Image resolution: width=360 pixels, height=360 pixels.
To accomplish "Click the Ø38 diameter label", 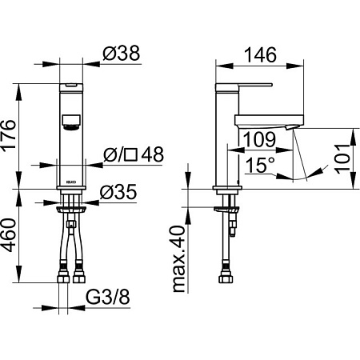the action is [121, 53].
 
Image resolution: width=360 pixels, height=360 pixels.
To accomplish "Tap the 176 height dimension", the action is [8, 136].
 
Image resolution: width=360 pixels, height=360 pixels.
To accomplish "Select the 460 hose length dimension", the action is [8, 235].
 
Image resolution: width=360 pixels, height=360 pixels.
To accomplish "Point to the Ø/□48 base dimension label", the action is [134, 154].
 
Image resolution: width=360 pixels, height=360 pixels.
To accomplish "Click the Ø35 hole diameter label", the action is [118, 192].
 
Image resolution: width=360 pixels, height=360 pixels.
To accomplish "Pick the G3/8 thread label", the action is [108, 297].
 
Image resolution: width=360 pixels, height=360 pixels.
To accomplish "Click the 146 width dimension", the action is [260, 55].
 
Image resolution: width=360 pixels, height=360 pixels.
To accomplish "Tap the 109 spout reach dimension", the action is [259, 139].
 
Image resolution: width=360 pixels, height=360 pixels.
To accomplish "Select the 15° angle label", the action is [260, 165].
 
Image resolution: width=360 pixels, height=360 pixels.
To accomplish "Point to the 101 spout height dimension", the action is [342, 158].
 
